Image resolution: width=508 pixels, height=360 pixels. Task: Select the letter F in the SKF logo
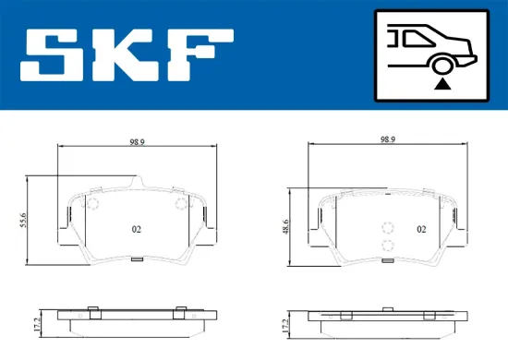pyautogui.click(x=199, y=56)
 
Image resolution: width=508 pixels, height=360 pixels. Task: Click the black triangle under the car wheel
pyautogui.click(x=442, y=83)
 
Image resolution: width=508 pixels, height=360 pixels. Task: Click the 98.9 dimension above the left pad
pyautogui.click(x=135, y=143)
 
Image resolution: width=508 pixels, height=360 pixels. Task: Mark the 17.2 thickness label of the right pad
pyautogui.click(x=289, y=325)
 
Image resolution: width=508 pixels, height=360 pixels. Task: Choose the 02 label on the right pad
pyautogui.click(x=420, y=228)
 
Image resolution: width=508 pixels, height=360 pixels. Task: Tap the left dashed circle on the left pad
pyautogui.click(x=92, y=205)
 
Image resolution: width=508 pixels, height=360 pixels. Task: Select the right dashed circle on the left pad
pyautogui.click(x=180, y=205)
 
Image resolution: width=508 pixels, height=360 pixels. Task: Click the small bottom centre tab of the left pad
pyautogui.click(x=136, y=258)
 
